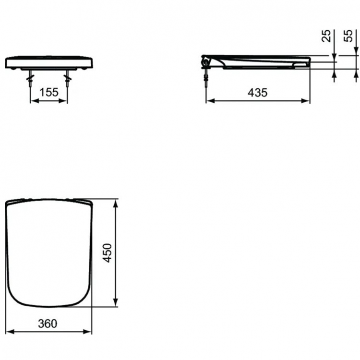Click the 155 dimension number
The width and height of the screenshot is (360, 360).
pyautogui.click(x=49, y=92)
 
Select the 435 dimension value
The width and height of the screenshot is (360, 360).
pyautogui.click(x=258, y=92)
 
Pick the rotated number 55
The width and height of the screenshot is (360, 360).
pyautogui.click(x=349, y=36)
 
